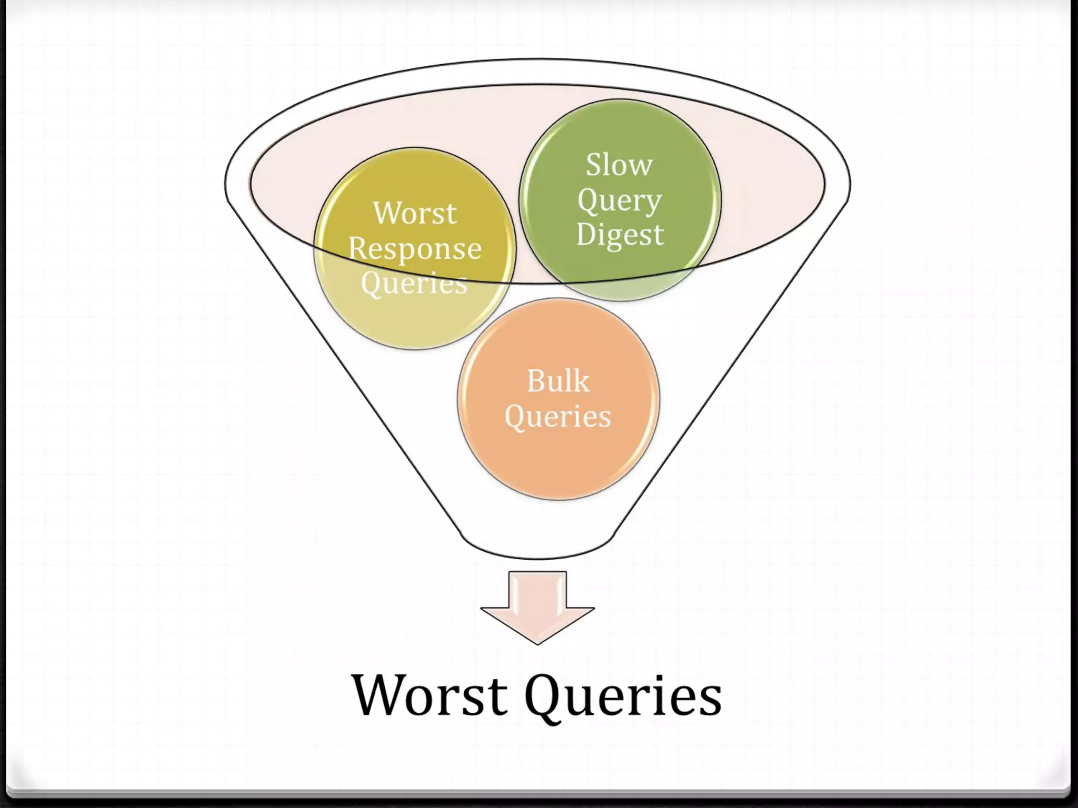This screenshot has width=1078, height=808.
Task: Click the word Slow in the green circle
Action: coord(619,165)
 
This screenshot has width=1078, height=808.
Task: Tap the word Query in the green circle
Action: coord(619,200)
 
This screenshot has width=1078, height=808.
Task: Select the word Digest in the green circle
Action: coord(620,235)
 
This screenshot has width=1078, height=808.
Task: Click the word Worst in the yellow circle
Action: coord(415,214)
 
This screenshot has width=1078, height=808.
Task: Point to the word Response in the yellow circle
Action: coord(415,248)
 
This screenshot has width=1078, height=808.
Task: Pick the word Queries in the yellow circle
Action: coord(414,283)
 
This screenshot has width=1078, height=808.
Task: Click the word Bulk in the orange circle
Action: coord(558,381)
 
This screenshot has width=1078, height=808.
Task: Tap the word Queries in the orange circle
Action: coord(558,417)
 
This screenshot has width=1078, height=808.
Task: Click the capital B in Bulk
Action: coord(536,381)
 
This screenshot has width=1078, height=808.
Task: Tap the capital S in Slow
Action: coord(595,165)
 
